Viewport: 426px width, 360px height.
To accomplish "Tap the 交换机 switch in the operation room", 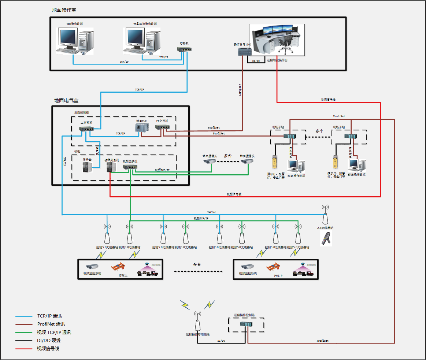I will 184,49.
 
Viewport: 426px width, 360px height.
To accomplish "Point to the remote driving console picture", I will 277,40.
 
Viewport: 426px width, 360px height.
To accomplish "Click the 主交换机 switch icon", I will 86,129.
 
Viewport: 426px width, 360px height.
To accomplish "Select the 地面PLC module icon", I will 142,127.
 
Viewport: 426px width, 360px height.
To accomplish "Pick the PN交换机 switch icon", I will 162,127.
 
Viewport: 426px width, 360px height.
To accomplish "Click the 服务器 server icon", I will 88,167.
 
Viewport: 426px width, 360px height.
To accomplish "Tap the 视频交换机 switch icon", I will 130,167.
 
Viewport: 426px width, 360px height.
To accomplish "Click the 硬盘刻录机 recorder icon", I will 111,167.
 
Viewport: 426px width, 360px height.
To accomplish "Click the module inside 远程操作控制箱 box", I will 246,324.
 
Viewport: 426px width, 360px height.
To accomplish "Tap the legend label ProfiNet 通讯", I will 51,324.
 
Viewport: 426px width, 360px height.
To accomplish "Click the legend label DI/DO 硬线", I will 49,341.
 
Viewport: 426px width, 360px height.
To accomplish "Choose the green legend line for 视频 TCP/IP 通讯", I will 24,333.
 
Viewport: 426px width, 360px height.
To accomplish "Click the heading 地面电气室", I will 66,100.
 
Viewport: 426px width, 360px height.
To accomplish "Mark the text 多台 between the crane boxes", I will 197,264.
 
